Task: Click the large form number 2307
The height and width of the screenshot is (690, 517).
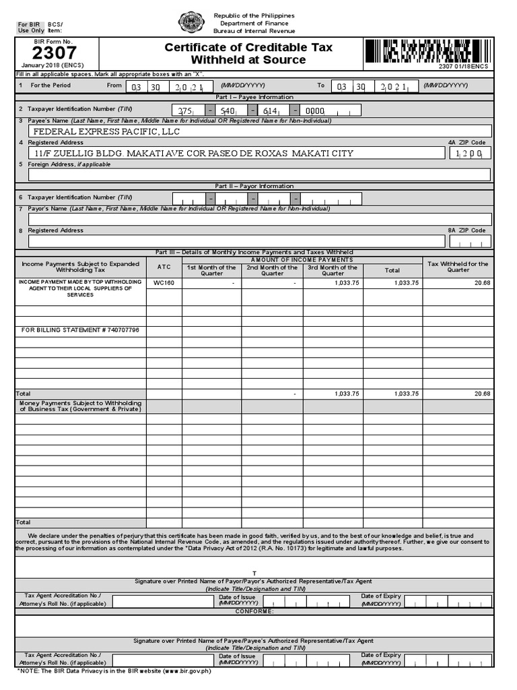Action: tap(55, 53)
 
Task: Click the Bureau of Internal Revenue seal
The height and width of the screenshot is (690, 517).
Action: tap(191, 22)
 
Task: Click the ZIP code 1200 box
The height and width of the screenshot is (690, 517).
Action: tap(470, 154)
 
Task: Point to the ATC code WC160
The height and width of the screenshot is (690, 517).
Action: tap(164, 283)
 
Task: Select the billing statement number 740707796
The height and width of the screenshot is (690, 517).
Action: tap(81, 330)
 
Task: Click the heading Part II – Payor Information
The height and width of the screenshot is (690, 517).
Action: tap(254, 186)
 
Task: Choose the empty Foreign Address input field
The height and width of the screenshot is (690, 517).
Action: tap(259, 175)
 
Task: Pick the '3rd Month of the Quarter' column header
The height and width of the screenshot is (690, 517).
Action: tap(333, 270)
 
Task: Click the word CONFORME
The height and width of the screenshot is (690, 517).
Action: tap(254, 611)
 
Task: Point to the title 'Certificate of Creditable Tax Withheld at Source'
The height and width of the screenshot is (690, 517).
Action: tap(248, 54)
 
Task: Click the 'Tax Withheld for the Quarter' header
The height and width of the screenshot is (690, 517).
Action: tap(458, 267)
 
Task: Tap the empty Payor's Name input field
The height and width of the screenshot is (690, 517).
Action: tap(259, 219)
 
